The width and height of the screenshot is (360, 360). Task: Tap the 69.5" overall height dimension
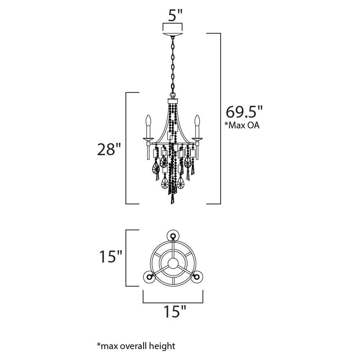(244, 112)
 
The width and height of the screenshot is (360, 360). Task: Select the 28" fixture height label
(109, 149)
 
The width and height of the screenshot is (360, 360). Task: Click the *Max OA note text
(242, 125)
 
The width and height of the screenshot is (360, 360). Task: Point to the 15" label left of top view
(110, 256)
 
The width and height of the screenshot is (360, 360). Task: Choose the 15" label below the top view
(174, 311)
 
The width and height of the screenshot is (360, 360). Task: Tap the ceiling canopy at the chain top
(172, 35)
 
